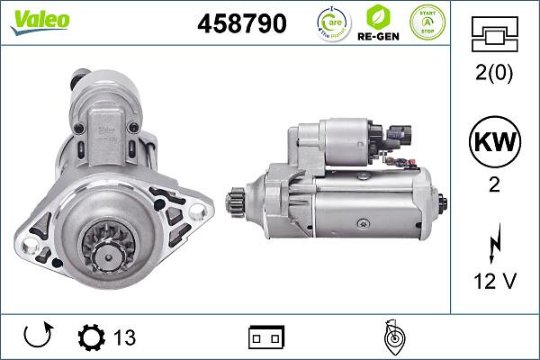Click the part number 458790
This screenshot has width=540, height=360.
click(x=240, y=23)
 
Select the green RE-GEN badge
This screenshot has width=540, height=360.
click(x=379, y=22)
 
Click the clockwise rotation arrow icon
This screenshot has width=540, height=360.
click(x=38, y=337)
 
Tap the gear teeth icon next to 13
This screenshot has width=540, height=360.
click(x=91, y=337)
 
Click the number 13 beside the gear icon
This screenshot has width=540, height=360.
click(x=124, y=337)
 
